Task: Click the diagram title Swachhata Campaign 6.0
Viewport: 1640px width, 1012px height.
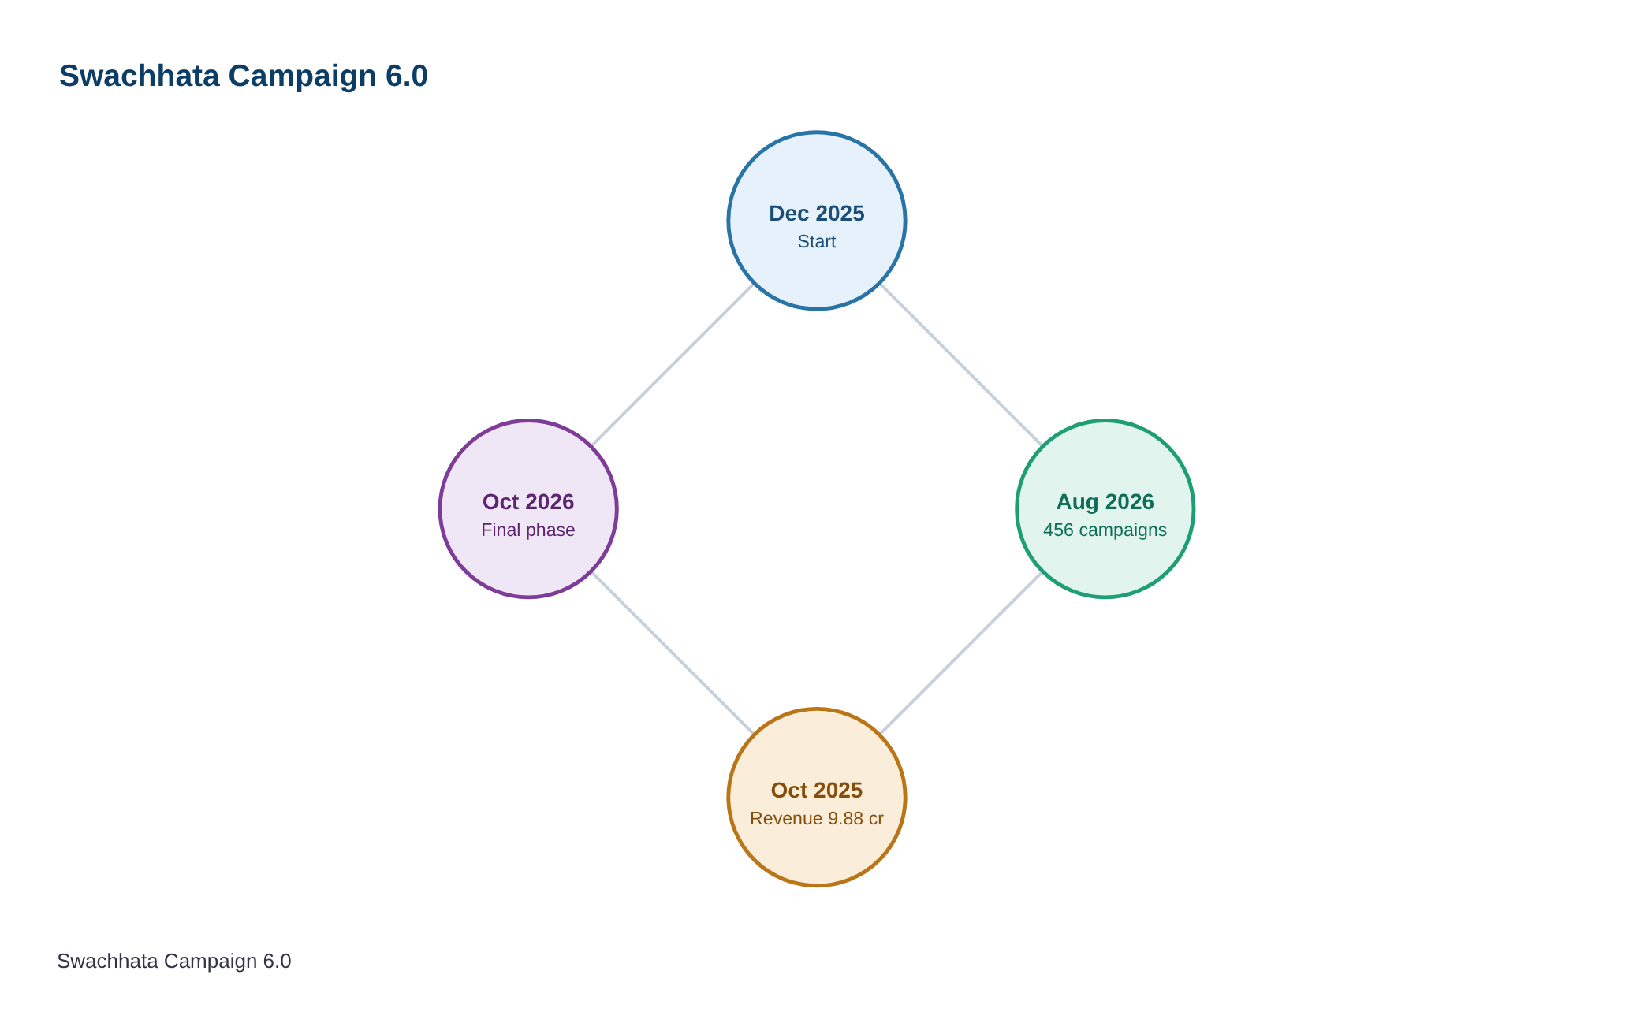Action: coord(244,76)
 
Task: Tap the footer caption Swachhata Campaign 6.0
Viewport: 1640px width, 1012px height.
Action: coord(174,962)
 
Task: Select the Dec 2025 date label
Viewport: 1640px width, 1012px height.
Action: coord(817,214)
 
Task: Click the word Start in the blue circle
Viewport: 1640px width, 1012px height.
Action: coord(817,242)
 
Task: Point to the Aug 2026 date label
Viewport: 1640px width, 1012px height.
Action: coord(1105,502)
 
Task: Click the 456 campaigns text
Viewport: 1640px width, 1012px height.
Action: coord(1105,530)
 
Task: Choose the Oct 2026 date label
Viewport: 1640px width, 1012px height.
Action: coord(528,502)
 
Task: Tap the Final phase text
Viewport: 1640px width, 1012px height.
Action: coord(528,530)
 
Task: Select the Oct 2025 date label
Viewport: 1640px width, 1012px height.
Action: coord(817,791)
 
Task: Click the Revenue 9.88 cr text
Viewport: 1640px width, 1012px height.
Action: coord(817,819)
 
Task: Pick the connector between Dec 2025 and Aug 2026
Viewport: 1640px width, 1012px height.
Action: coord(961,365)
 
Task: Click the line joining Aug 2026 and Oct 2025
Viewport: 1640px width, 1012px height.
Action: coord(961,653)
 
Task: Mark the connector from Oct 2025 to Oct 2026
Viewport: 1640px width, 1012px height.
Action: coord(673,653)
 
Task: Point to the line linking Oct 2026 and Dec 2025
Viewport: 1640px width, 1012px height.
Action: coord(673,365)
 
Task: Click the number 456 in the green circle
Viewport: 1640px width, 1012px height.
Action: coord(1058,530)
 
